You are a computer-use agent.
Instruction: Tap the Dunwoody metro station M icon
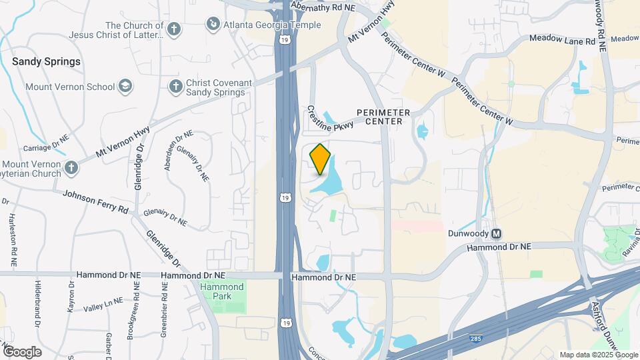click(x=496, y=234)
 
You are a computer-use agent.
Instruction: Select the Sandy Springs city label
click(x=46, y=61)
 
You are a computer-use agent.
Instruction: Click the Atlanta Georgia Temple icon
click(x=213, y=25)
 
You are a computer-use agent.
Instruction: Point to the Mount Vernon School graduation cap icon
click(x=125, y=86)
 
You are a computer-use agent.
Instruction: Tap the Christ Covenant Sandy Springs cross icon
click(x=175, y=86)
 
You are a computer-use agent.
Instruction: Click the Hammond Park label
click(x=222, y=291)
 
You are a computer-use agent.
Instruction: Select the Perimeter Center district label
click(x=383, y=117)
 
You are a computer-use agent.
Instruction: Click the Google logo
click(x=22, y=351)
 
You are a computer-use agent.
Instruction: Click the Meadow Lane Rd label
click(x=561, y=41)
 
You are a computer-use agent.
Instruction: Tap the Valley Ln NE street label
click(x=103, y=304)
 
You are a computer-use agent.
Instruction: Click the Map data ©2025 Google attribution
click(x=599, y=355)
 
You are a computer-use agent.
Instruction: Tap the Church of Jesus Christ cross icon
click(x=174, y=29)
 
